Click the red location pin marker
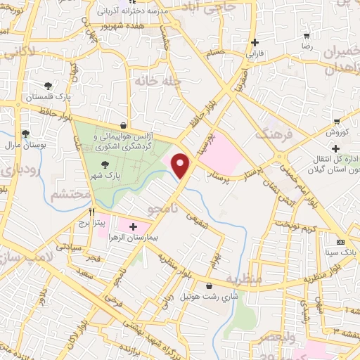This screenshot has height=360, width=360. point(181,165)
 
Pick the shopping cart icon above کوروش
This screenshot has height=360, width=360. point(337,120)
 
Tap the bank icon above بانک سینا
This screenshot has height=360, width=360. point(341,241)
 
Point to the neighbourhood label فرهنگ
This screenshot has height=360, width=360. point(272,131)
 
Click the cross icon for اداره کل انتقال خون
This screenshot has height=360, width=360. point(336,148)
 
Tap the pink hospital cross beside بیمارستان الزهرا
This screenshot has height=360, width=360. point(134,226)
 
